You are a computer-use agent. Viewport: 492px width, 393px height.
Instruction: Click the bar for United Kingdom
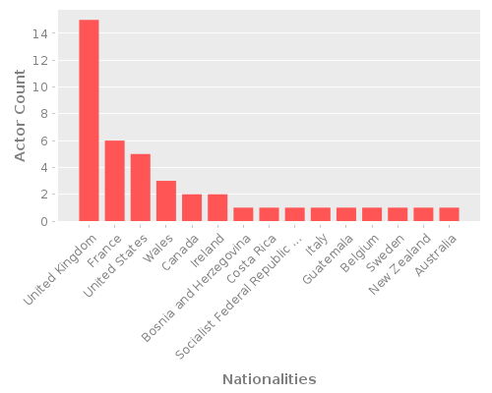tap(89, 120)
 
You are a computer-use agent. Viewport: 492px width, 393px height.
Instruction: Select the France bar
tap(114, 181)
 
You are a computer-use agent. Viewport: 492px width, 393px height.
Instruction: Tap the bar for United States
tap(141, 188)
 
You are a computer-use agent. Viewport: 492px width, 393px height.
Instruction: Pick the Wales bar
tap(166, 200)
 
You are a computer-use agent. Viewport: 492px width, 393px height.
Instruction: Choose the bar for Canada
tap(192, 207)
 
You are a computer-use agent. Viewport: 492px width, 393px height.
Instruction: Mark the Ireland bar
tap(217, 207)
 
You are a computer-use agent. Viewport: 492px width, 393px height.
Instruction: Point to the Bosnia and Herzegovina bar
tap(243, 214)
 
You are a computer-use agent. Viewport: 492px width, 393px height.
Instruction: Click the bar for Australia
tap(449, 214)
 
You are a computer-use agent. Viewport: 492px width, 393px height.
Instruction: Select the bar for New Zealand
tap(423, 214)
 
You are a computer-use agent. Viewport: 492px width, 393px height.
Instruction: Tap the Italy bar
tap(320, 214)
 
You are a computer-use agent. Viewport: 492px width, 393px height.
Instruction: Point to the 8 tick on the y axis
tap(43, 114)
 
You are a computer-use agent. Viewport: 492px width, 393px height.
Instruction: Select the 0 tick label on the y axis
tap(43, 221)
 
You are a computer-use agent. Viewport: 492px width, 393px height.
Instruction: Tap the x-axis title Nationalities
tap(269, 379)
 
